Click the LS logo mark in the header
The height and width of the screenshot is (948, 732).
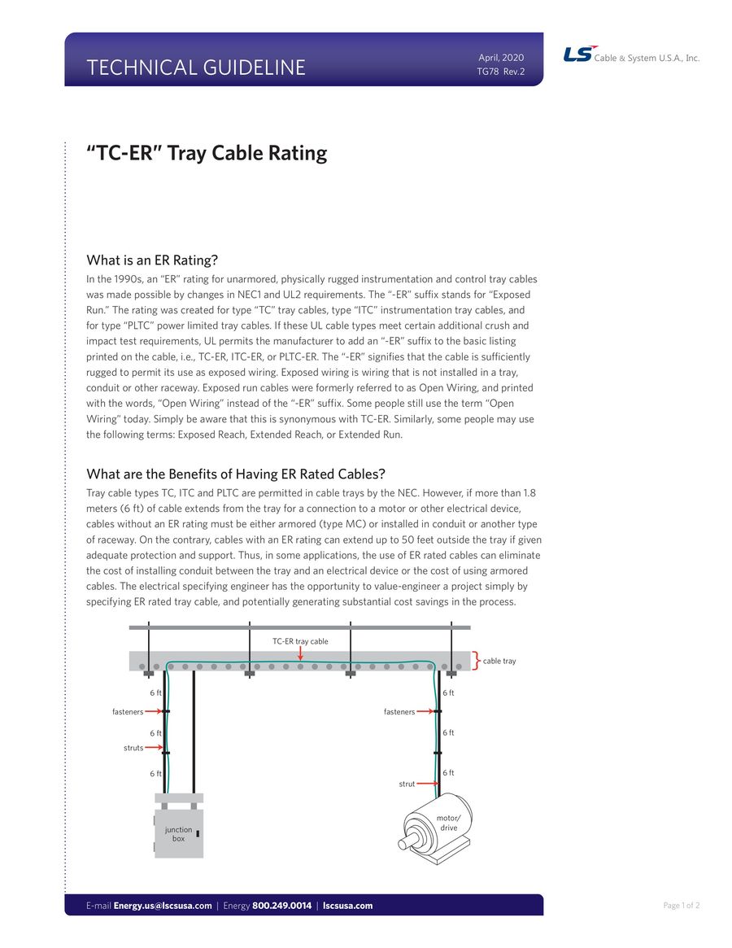578,55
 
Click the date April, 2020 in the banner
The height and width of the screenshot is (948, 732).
501,58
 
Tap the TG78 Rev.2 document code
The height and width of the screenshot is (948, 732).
500,72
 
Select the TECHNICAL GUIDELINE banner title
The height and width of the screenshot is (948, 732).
196,68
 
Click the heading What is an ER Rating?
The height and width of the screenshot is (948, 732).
152,260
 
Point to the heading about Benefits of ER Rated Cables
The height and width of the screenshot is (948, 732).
236,474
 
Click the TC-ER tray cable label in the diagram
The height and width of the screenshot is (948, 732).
300,641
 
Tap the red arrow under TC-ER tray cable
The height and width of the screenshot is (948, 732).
300,653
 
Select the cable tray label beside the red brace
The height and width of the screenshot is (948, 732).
499,661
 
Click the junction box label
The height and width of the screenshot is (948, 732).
178,834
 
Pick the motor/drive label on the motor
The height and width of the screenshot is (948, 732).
449,823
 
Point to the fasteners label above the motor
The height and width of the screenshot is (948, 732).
399,712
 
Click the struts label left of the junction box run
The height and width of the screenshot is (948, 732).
133,748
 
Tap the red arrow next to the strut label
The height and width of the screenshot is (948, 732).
428,784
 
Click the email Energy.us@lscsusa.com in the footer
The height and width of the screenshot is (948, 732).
163,906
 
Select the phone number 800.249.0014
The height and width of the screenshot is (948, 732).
281,906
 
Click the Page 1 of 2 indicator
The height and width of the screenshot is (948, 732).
682,906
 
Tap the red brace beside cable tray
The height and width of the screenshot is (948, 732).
476,661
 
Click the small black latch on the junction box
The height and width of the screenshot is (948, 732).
198,834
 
